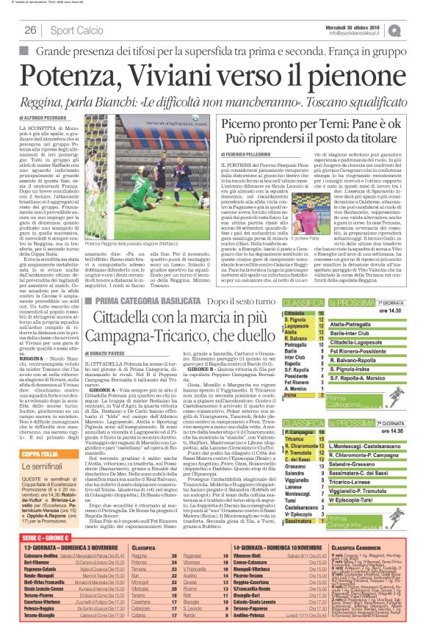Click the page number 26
[31, 30]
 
